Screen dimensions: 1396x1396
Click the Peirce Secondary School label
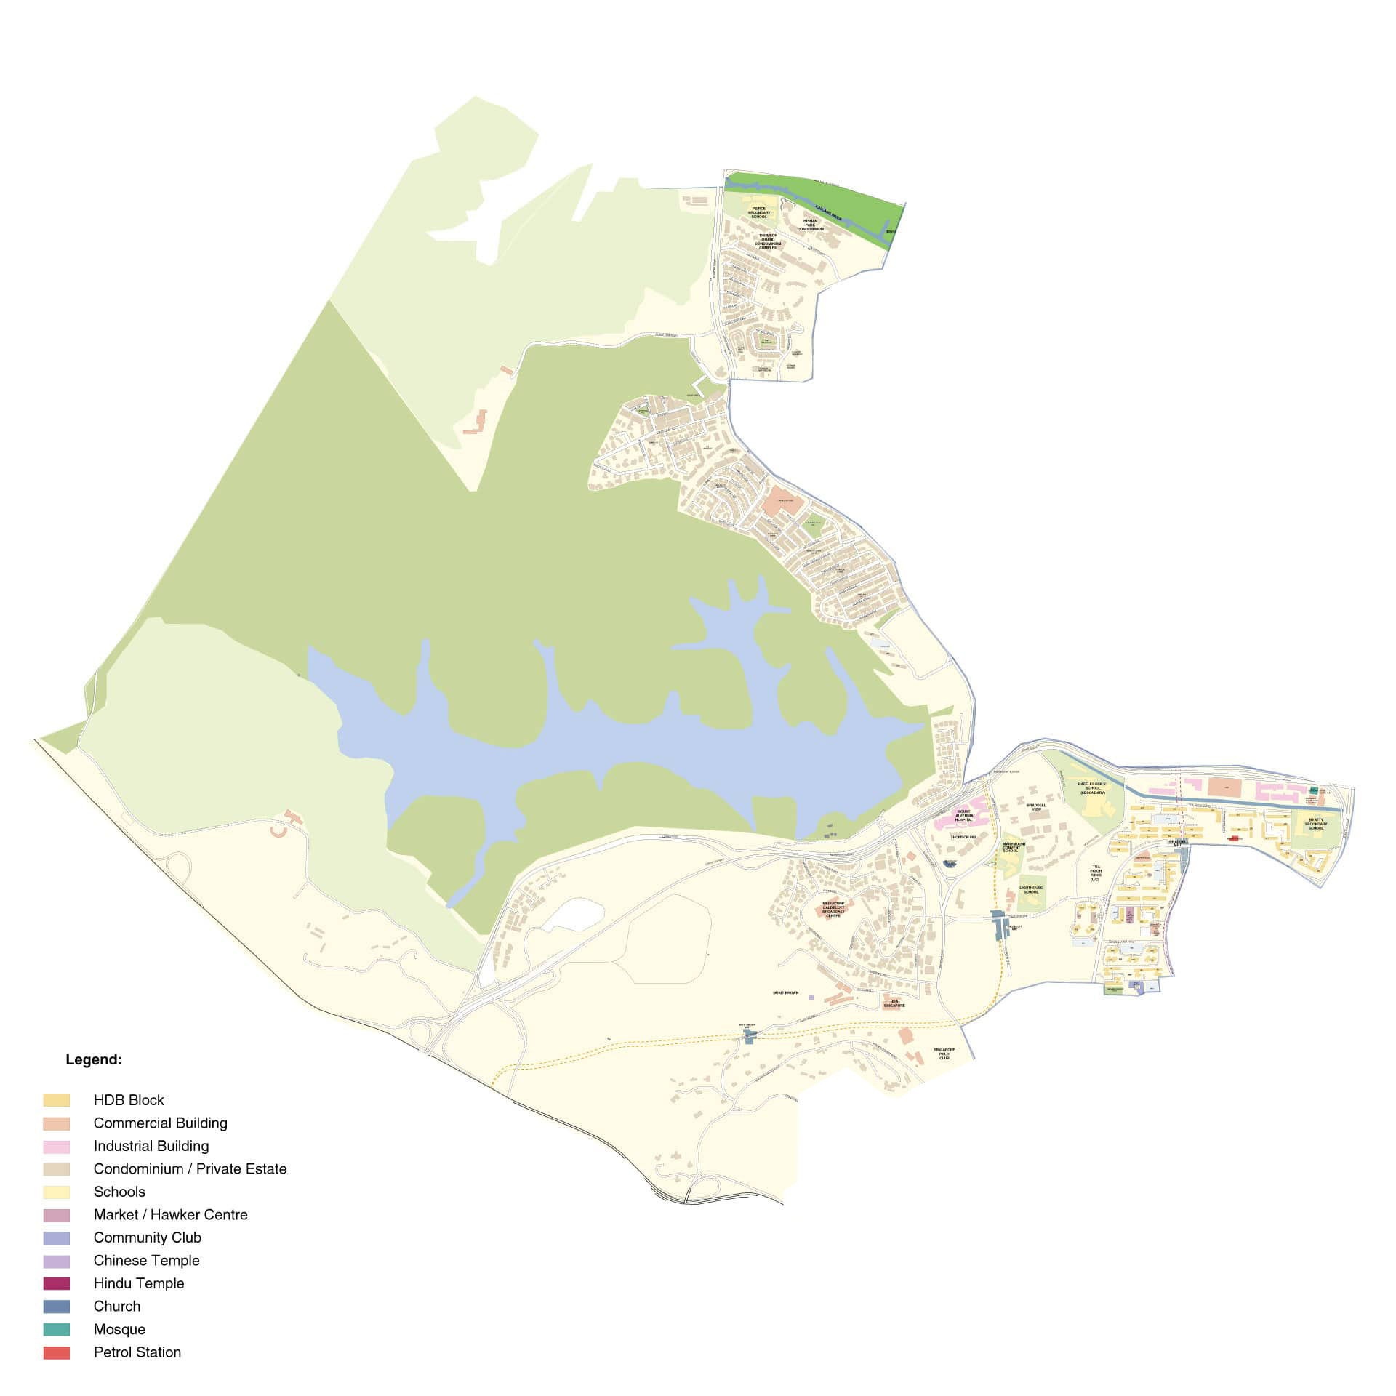(758, 212)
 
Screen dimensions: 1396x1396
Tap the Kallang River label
(827, 206)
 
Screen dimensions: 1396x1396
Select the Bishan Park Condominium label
(810, 225)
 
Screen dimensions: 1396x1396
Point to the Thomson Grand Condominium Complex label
(768, 241)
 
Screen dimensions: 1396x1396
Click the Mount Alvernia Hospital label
(963, 816)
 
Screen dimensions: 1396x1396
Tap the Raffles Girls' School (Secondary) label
(1092, 787)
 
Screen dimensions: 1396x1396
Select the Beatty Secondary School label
(1315, 824)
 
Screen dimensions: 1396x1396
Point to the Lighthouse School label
(1030, 889)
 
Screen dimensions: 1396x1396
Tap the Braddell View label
(1036, 807)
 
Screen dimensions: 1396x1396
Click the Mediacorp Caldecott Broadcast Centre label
(833, 910)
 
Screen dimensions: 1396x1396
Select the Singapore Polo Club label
(944, 1054)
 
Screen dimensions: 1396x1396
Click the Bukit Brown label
(785, 992)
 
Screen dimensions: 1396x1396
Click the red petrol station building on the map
(1234, 838)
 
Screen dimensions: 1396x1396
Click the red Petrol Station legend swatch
(57, 1352)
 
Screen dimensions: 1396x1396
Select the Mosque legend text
(119, 1329)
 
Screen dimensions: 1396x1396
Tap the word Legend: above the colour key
(94, 1059)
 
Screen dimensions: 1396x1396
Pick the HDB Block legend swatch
(57, 1100)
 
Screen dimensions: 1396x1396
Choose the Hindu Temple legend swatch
(57, 1283)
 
